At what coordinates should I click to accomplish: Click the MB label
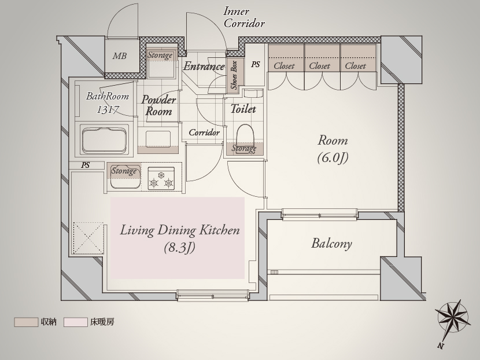coord(119,56)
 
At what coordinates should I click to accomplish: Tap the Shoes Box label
coord(234,75)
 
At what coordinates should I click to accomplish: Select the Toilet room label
coord(243,109)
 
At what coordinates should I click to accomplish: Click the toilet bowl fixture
coord(246,134)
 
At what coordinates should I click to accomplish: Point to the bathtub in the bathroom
coord(104,139)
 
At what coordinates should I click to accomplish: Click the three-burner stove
coord(161,178)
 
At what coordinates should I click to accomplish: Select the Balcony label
coord(331,244)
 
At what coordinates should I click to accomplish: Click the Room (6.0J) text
coord(333,149)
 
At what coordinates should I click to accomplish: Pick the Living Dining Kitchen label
coord(179,230)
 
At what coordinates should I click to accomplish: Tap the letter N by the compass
coord(441,346)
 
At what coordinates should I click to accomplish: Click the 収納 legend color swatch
coord(26,322)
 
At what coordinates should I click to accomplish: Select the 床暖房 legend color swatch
coord(76,322)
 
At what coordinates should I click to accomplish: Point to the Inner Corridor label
coord(244,17)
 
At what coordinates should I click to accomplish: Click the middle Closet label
coord(320,66)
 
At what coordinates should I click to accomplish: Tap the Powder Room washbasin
coord(158,139)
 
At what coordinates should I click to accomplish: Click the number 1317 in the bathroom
coord(108,109)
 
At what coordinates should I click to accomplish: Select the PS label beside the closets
coord(256,64)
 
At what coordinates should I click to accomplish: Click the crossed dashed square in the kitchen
coord(88,238)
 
